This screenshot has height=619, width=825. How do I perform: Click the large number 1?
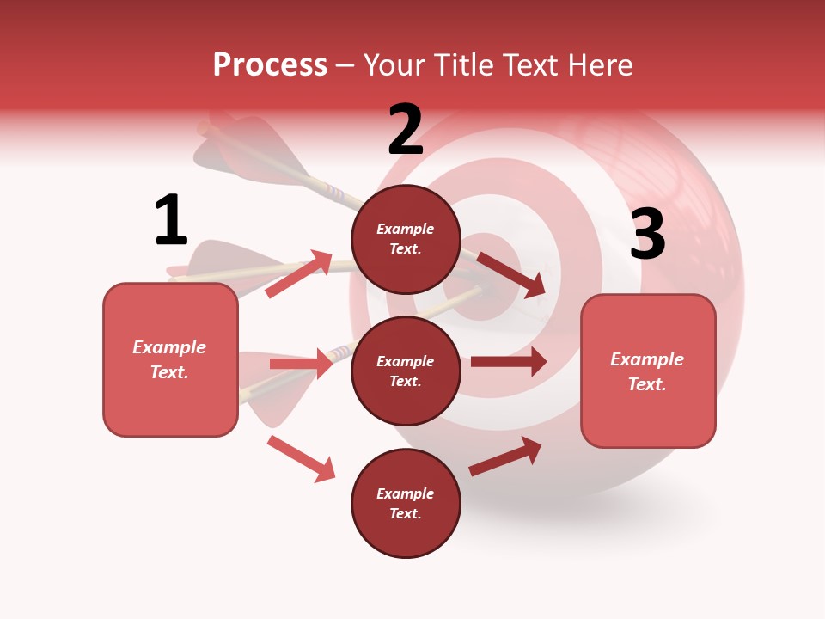171,220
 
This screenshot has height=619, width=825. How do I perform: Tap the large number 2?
406,130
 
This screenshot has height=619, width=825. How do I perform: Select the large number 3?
648,234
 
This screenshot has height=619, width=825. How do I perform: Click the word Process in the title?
270,64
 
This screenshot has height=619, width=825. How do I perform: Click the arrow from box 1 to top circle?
299,273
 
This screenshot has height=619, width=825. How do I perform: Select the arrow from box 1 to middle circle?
301,364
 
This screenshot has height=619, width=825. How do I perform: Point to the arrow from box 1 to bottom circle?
301,458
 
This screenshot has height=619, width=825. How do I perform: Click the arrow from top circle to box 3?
511,274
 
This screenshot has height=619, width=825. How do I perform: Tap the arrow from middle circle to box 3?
508,362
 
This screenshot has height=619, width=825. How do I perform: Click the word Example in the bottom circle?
406,493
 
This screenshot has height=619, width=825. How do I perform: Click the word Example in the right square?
647,359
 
